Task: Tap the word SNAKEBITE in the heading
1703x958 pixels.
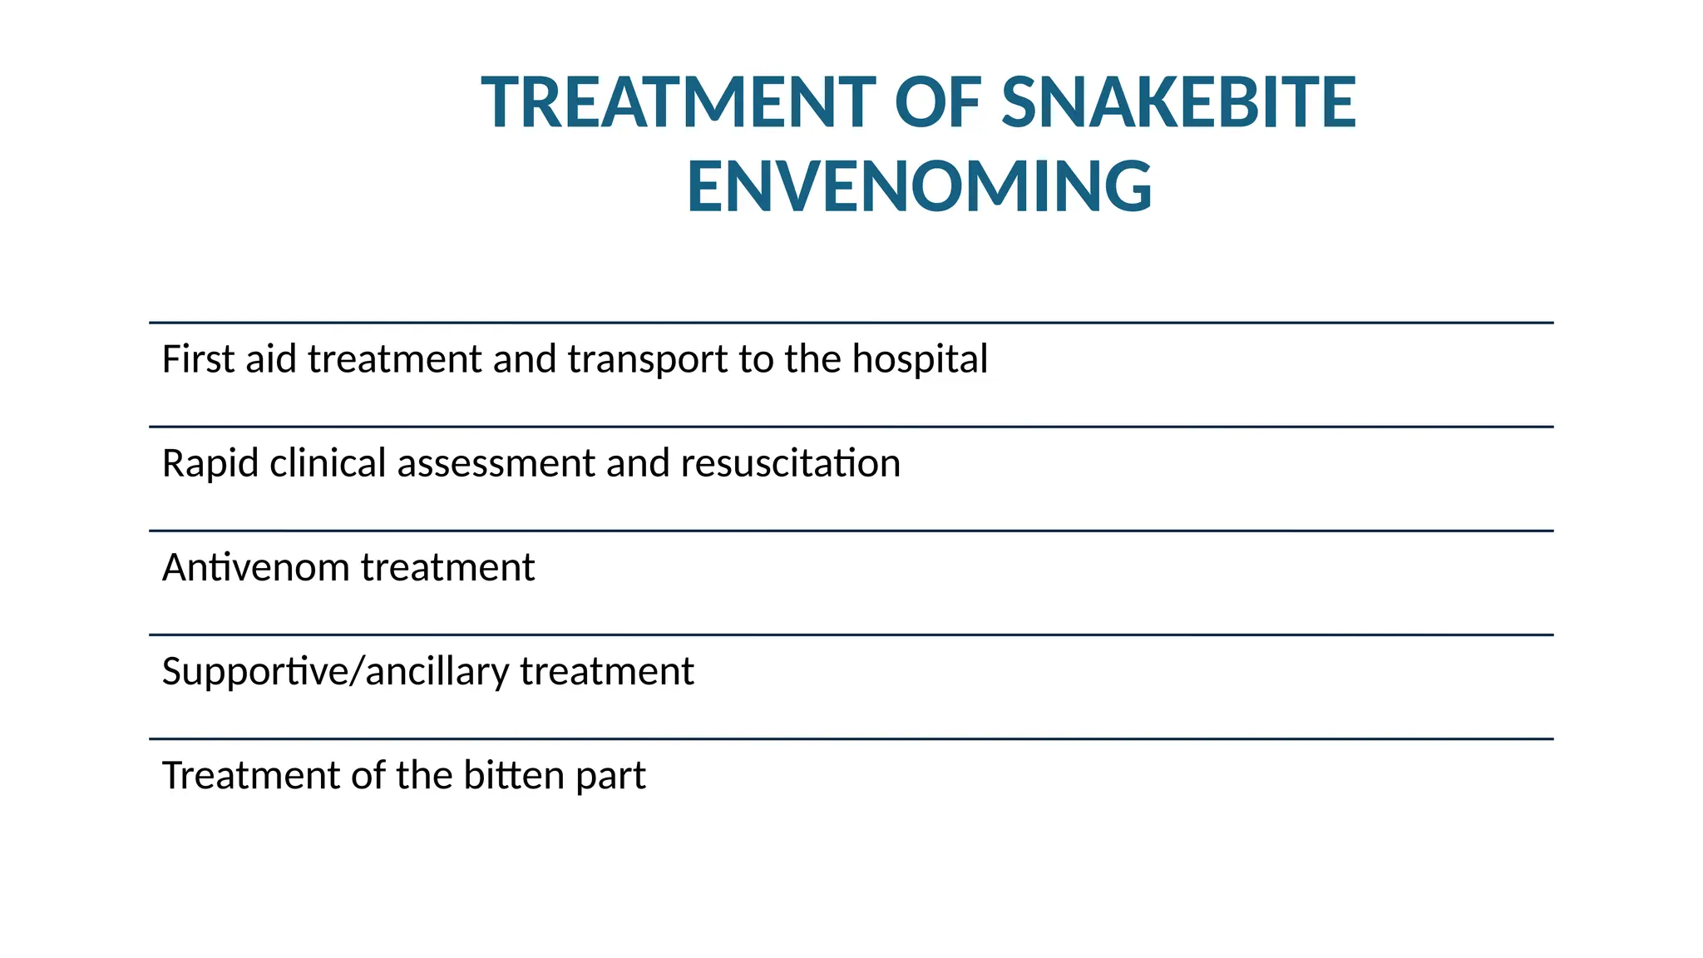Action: coord(1178,103)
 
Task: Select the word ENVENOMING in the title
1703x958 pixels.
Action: coord(919,187)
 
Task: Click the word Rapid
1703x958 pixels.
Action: coord(210,464)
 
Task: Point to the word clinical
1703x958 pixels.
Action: coord(328,463)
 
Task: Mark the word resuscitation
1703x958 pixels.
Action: coord(790,464)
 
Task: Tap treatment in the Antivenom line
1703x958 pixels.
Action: coord(447,568)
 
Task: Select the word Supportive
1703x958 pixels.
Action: coord(252,672)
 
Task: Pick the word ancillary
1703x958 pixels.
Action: coord(437,672)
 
